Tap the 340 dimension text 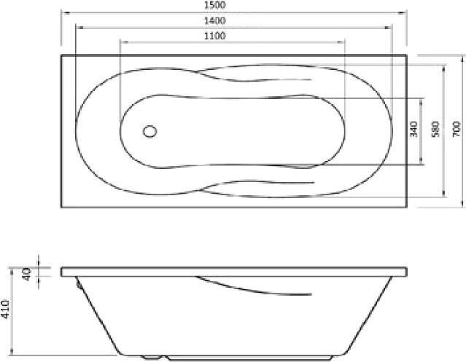point(413,130)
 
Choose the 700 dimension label point(456,130)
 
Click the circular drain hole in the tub point(149,131)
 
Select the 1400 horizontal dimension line point(146,28)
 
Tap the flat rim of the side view point(233,272)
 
